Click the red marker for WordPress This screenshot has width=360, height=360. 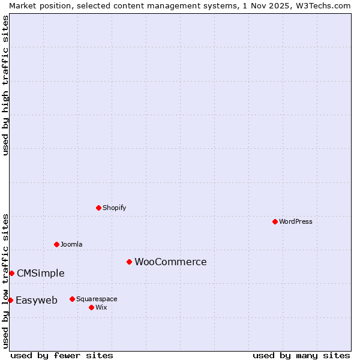pos(275,221)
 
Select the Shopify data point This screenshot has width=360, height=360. pos(98,208)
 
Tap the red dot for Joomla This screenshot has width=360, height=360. pos(56,244)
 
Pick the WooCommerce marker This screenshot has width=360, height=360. pos(129,262)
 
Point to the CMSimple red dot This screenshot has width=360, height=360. pos(11,273)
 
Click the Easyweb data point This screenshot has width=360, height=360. pos(10,300)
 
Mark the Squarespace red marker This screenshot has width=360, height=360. pos(72,299)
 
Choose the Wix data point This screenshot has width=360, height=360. pos(91,307)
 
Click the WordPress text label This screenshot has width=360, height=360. pos(296,221)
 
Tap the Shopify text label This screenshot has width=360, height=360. pos(115,208)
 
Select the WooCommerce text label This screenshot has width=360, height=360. pos(170,262)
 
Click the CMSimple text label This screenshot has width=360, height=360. pos(40,273)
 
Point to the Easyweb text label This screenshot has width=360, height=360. pos(37,300)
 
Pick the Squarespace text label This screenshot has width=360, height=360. pos(97,299)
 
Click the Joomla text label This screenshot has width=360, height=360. pos(71,244)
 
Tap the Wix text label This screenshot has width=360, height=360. pos(101,307)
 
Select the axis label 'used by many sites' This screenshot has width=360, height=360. pos(301,355)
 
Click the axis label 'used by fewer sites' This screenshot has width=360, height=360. pos(62,355)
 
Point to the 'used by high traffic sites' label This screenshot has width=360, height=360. pos(5,85)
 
